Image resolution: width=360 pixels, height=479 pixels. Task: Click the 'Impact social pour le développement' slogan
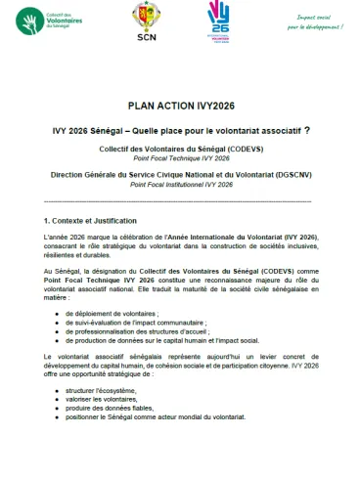point(313,20)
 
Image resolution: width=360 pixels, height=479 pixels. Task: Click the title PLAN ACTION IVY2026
point(179,107)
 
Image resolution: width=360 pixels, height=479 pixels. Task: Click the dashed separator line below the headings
point(179,201)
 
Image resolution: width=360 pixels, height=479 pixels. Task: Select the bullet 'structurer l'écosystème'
point(109,405)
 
